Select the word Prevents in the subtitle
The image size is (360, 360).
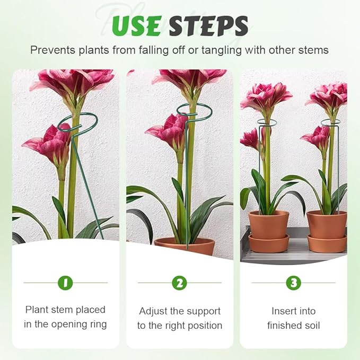coord(51,50)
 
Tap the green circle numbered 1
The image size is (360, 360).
coord(65,283)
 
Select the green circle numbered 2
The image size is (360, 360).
coord(179,283)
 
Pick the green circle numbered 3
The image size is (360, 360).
coord(293,283)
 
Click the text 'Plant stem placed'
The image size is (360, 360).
coord(65,310)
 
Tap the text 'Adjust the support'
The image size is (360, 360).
coord(179,311)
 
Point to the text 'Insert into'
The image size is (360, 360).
coord(293,311)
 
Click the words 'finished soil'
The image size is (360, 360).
coord(293,326)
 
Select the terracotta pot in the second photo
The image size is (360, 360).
coord(185,246)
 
